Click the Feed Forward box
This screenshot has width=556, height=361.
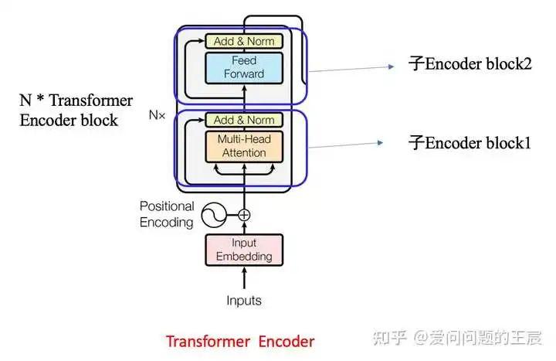click(x=244, y=67)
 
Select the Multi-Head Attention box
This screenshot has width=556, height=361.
click(x=244, y=146)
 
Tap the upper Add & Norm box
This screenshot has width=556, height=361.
click(x=244, y=41)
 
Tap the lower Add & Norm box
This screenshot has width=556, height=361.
click(x=244, y=120)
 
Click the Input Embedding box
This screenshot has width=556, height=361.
click(x=243, y=249)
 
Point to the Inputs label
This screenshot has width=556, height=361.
click(x=243, y=301)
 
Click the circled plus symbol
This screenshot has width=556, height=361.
click(x=244, y=214)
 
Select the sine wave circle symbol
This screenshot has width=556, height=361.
click(x=214, y=214)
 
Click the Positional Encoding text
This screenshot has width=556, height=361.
click(x=166, y=214)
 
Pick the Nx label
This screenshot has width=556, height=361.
click(x=157, y=114)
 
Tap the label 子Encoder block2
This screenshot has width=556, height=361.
click(x=470, y=64)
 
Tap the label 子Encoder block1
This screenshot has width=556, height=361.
click(x=470, y=142)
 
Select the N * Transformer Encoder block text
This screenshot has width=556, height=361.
click(x=76, y=110)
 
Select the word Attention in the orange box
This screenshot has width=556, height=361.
click(x=244, y=153)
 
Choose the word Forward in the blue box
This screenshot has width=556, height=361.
click(x=244, y=74)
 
